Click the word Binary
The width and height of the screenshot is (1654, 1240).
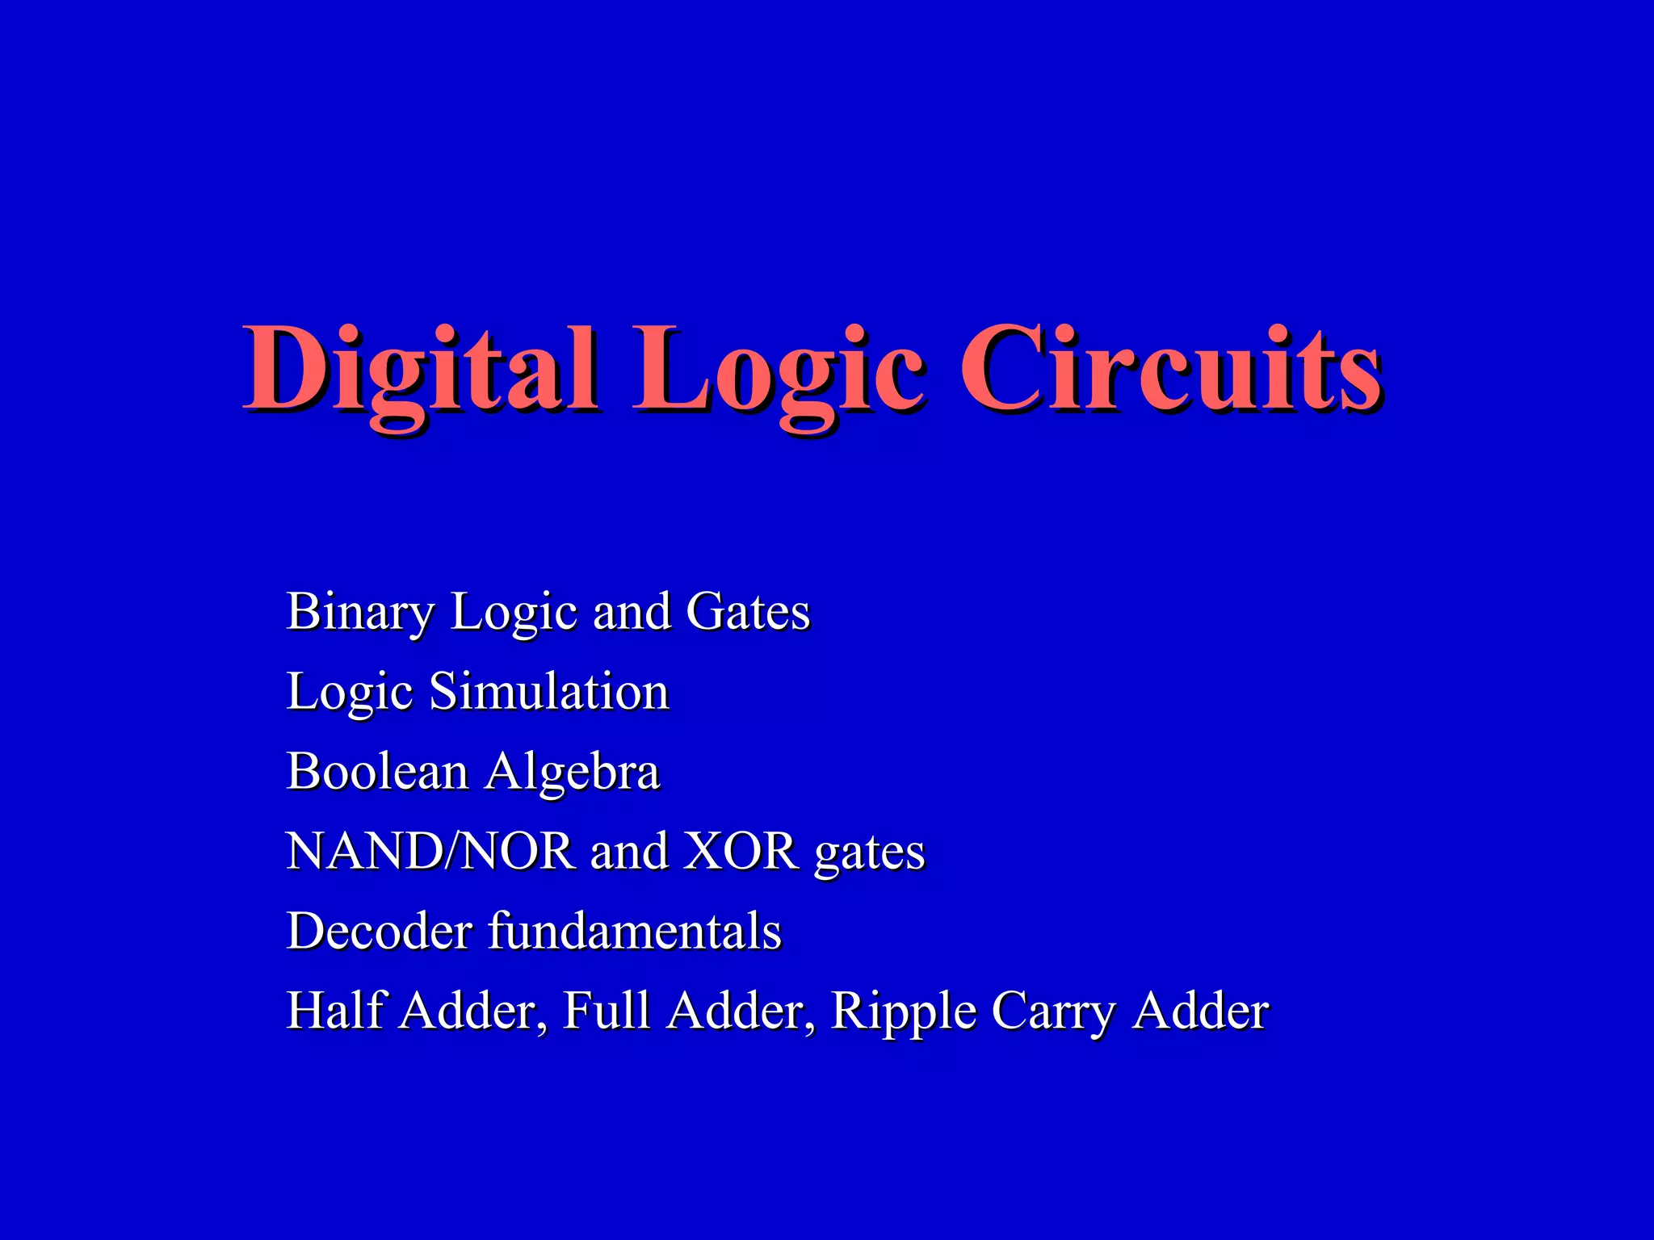(360, 612)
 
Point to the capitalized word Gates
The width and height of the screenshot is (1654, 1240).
(748, 611)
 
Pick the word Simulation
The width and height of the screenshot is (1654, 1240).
(549, 691)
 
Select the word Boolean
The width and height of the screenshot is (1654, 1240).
(377, 771)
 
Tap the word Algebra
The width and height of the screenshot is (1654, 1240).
(573, 773)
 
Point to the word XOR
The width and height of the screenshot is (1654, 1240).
(741, 851)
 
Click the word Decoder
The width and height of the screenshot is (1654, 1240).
(379, 931)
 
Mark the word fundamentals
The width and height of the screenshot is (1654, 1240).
(636, 931)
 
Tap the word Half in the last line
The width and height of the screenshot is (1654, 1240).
(334, 1010)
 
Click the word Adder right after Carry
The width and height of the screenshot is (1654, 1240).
(1200, 1010)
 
